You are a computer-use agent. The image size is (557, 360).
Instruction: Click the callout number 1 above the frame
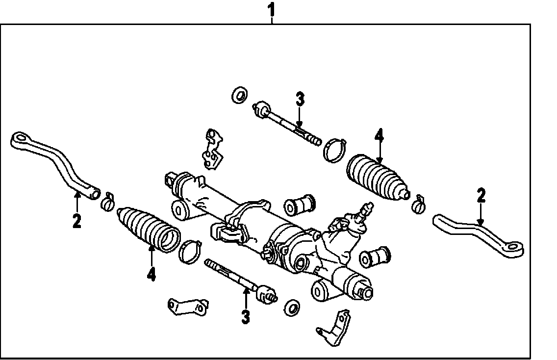click(272, 10)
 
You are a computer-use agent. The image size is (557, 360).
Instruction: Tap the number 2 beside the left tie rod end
click(76, 221)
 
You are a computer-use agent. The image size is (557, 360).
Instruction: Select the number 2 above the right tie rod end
click(481, 196)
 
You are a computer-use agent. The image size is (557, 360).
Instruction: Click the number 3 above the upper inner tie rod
click(300, 99)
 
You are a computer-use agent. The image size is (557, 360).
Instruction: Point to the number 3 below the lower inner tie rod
click(246, 317)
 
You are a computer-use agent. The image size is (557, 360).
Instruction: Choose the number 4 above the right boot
click(379, 136)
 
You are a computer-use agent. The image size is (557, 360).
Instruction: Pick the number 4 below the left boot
click(152, 274)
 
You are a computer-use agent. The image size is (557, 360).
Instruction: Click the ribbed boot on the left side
click(149, 229)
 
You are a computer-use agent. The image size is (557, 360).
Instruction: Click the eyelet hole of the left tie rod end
click(20, 137)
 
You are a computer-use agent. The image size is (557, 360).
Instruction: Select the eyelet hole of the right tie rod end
click(514, 246)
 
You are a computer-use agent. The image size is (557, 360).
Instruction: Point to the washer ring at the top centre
click(240, 95)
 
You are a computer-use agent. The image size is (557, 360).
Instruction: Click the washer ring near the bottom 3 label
click(292, 307)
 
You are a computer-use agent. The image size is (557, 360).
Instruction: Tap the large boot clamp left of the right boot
click(334, 150)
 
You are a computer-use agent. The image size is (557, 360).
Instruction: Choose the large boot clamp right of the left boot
click(190, 251)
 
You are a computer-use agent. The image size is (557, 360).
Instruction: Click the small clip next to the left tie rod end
click(108, 202)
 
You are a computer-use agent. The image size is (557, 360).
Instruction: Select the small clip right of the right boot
click(419, 205)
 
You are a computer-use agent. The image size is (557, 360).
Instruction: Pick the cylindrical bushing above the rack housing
click(300, 205)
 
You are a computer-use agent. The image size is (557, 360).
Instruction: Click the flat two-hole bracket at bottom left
click(188, 307)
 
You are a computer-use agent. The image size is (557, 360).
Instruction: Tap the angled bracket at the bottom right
click(334, 328)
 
